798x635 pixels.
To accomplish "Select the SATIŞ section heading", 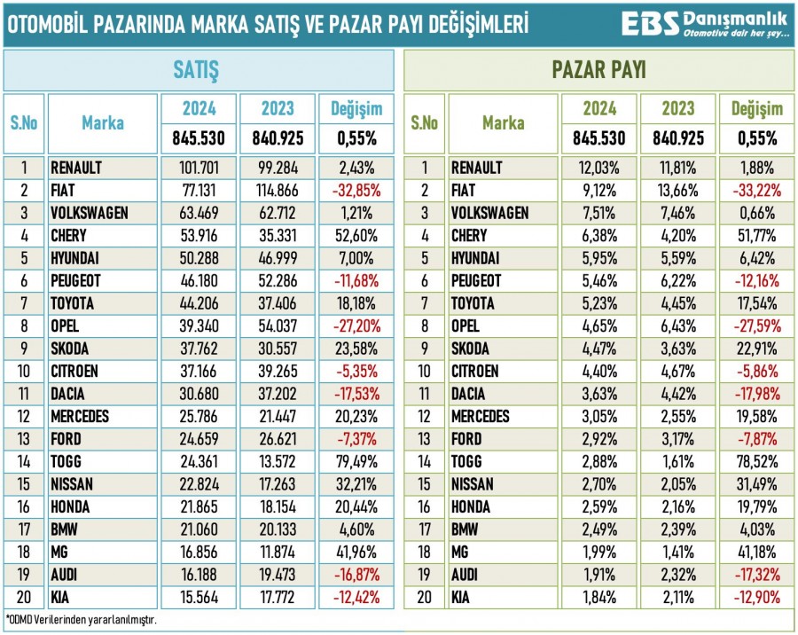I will pyautogui.click(x=198, y=70).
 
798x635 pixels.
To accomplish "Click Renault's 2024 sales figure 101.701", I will pyautogui.click(x=198, y=167).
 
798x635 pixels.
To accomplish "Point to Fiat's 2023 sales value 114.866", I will pyautogui.click(x=276, y=190).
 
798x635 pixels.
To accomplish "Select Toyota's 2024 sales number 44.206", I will pyautogui.click(x=198, y=303).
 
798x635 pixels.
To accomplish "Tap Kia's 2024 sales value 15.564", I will pyautogui.click(x=198, y=598).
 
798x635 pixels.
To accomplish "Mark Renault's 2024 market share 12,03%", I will pyautogui.click(x=599, y=167).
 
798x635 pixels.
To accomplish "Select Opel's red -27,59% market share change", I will pyautogui.click(x=756, y=325).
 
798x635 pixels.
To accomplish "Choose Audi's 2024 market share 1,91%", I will pyautogui.click(x=599, y=575).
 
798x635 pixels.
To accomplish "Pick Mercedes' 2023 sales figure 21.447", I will pyautogui.click(x=276, y=416).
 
